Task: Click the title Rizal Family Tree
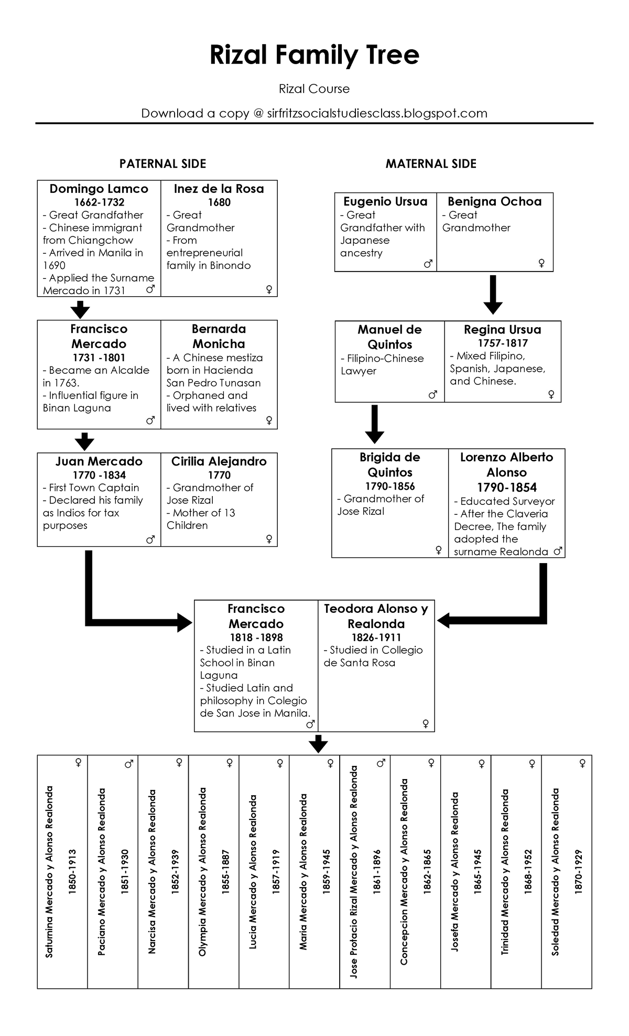click(x=314, y=55)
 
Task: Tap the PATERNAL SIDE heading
click(x=162, y=164)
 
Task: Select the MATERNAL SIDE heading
click(x=431, y=164)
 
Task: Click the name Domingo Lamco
click(x=99, y=189)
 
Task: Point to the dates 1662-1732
click(x=99, y=202)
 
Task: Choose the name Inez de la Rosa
click(x=219, y=189)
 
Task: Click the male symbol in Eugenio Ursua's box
click(x=428, y=264)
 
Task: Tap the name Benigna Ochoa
click(x=494, y=201)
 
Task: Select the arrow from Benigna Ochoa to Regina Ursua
click(x=493, y=295)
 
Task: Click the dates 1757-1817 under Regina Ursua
click(x=502, y=343)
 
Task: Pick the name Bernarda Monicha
click(x=219, y=337)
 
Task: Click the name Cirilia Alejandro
click(x=219, y=461)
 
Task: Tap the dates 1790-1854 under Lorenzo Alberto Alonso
click(x=506, y=488)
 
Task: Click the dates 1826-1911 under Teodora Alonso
click(x=376, y=638)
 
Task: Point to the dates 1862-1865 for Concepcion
click(x=427, y=872)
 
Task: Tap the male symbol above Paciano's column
click(x=128, y=764)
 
